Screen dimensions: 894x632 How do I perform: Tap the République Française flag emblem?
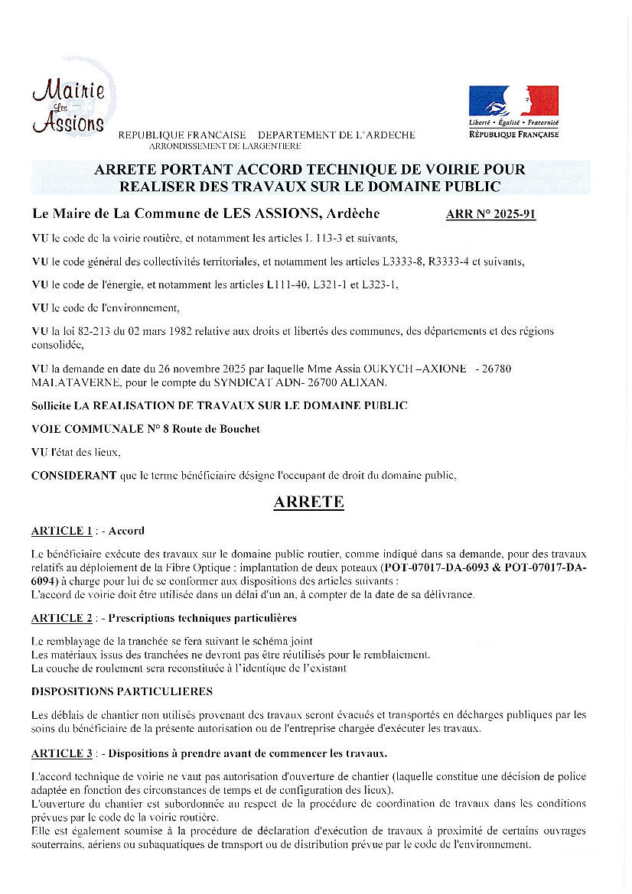point(513,101)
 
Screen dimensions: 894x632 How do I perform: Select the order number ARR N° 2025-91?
point(490,214)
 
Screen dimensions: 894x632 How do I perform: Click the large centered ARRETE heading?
point(309,502)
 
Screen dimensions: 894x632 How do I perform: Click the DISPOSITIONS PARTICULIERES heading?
point(122,691)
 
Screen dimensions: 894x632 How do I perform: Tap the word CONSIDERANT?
point(74,476)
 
